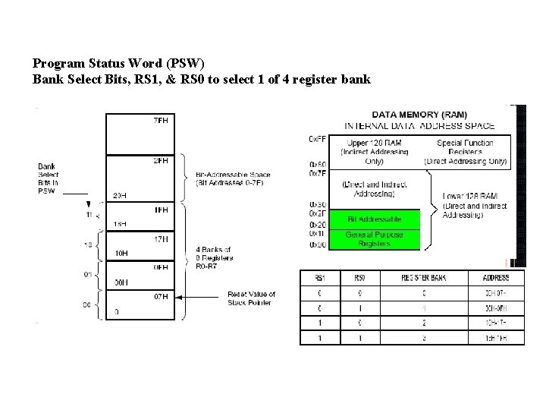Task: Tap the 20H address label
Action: [118, 195]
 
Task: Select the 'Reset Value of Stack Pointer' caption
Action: [251, 298]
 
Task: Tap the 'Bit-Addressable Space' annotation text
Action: [233, 178]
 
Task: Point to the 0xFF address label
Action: [317, 139]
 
